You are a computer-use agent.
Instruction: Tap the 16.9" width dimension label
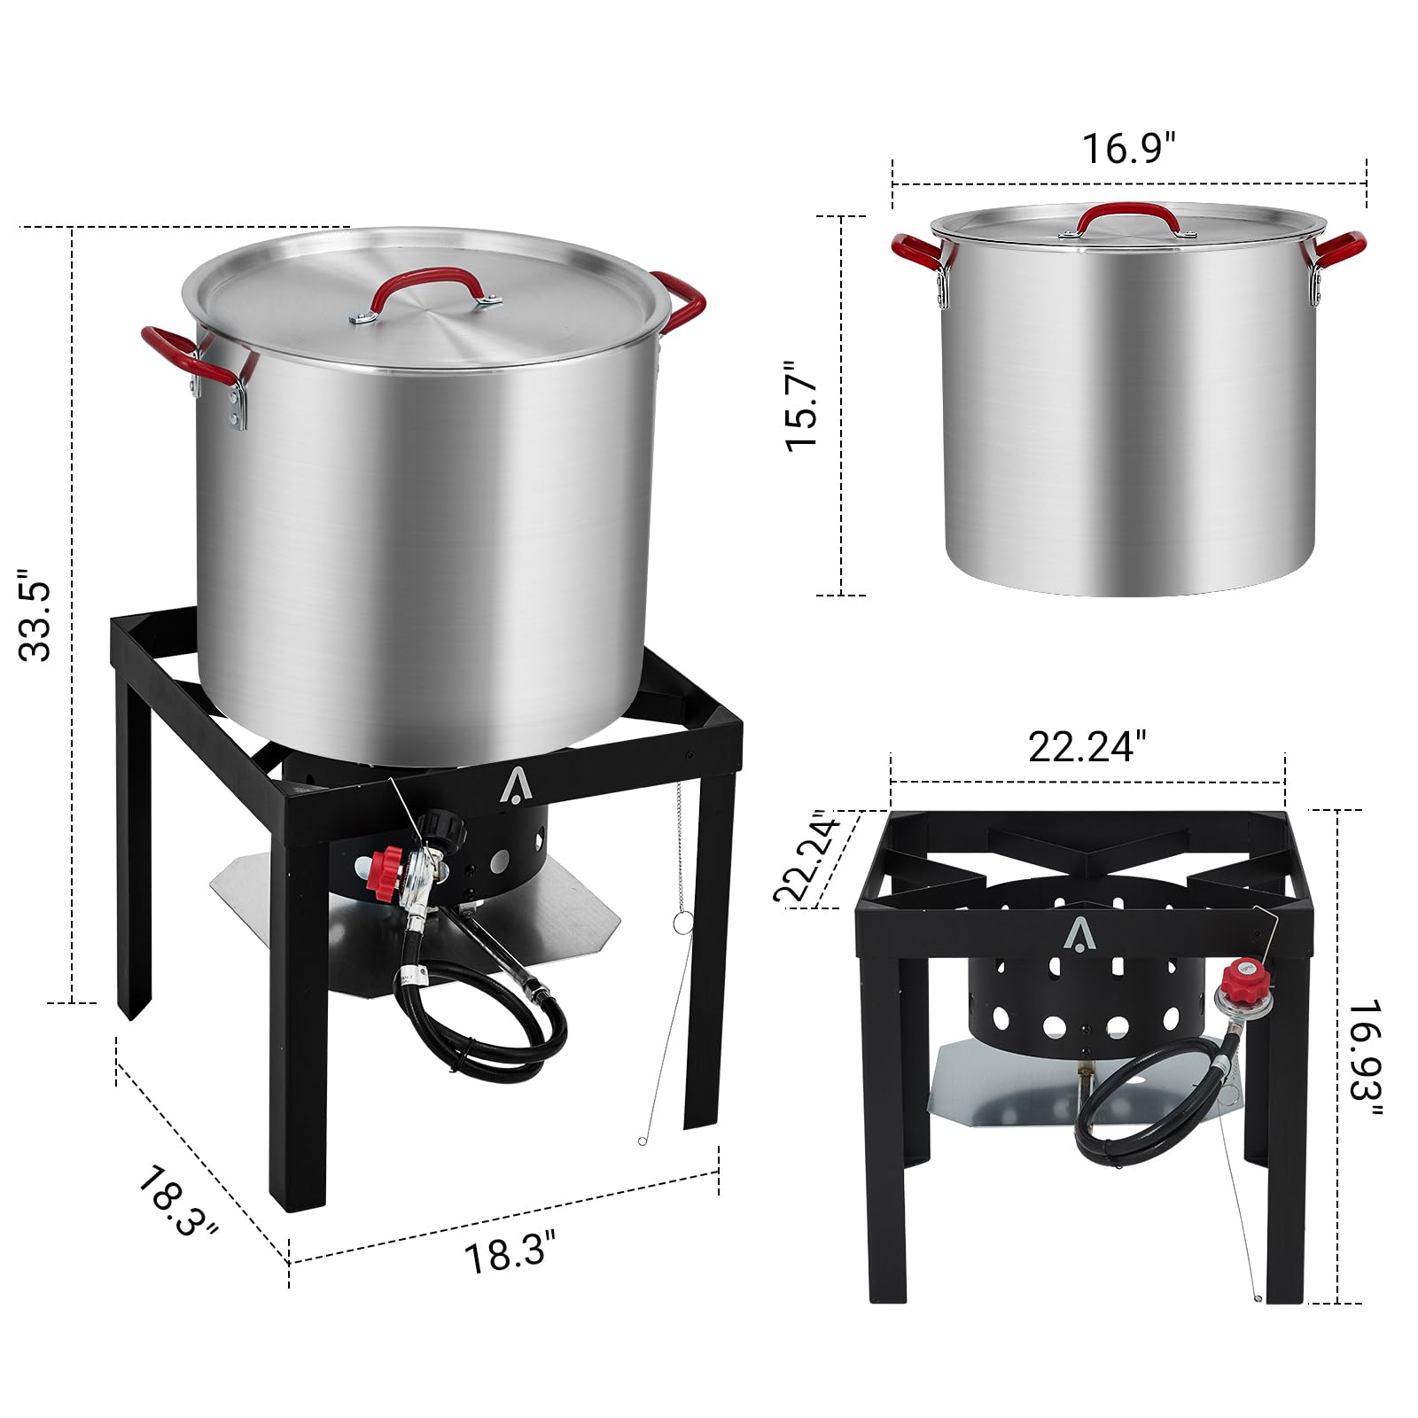[x=1129, y=148]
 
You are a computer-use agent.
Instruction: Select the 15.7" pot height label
[x=803, y=406]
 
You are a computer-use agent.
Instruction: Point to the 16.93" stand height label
[x=1365, y=1062]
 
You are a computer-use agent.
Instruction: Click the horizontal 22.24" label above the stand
[x=1087, y=747]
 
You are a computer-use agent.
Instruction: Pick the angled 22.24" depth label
[x=807, y=856]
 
